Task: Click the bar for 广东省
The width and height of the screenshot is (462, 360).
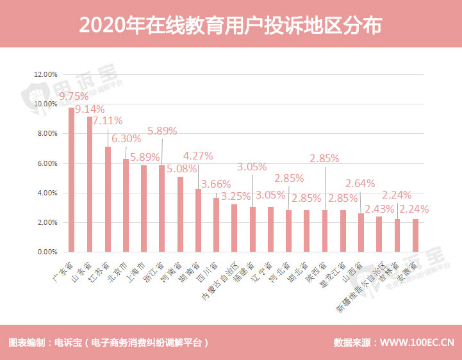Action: [72, 180]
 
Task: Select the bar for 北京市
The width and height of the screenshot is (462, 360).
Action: [126, 206]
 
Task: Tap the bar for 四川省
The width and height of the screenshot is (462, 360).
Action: [216, 225]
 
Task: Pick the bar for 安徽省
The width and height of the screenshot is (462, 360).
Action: [416, 236]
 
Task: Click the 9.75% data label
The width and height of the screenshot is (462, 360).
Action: [73, 96]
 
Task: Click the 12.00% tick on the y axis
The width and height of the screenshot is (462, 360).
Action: [47, 74]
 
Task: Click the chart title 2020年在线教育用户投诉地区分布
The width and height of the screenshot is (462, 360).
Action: [231, 24]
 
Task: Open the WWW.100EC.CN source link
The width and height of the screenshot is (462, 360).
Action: [417, 343]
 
